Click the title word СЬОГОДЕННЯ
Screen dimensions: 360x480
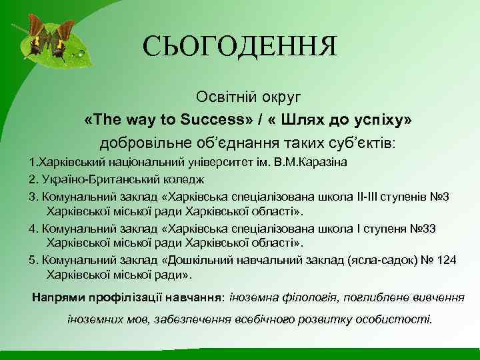[x=240, y=47]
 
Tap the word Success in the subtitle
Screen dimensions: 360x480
[x=212, y=119]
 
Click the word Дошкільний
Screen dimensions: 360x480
[x=203, y=260]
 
